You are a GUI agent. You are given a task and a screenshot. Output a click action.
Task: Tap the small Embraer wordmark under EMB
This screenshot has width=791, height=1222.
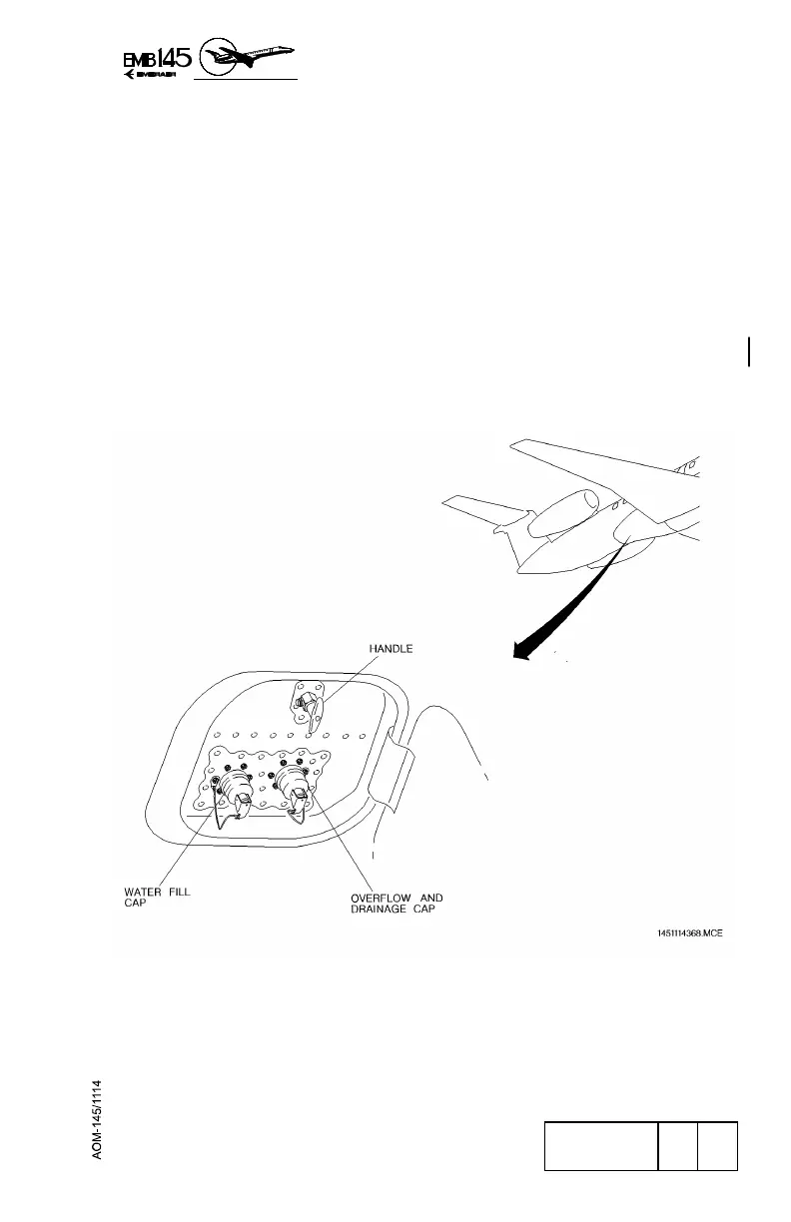click(150, 81)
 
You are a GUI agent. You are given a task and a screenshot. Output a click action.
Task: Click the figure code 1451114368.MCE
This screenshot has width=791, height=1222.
click(689, 933)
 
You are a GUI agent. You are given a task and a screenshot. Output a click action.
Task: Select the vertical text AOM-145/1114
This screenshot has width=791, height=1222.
click(100, 1118)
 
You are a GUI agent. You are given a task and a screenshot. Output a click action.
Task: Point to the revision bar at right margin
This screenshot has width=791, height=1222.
click(747, 351)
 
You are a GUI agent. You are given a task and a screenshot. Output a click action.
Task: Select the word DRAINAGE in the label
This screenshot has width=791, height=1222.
click(373, 911)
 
